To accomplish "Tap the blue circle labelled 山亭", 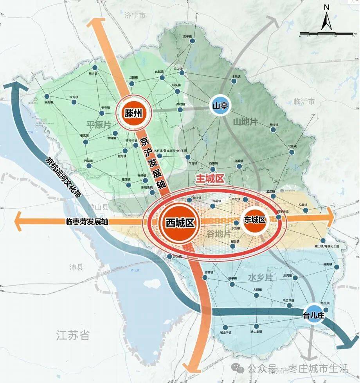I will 220,106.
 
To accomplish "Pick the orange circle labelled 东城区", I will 255,220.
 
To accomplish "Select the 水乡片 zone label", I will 260,277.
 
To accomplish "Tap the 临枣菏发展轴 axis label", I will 87,221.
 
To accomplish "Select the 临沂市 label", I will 304,102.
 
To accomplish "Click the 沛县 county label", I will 77,268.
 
